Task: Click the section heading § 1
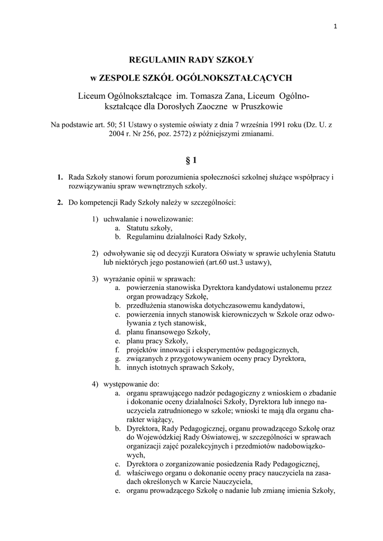(191, 160)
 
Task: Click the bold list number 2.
(60, 202)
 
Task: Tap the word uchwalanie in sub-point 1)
(122, 219)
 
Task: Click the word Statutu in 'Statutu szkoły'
(138, 228)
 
